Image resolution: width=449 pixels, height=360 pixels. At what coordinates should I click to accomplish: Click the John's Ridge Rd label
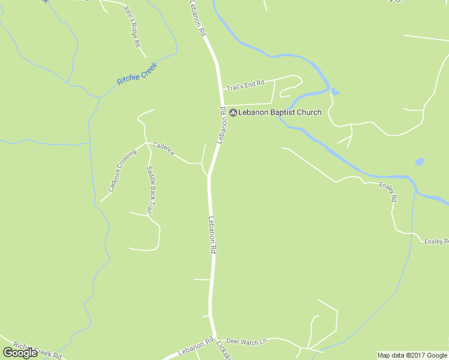pyautogui.click(x=131, y=27)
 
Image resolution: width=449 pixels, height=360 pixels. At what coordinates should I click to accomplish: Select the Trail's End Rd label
pyautogui.click(x=245, y=85)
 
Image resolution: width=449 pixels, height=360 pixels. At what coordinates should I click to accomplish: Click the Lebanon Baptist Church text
pyautogui.click(x=280, y=112)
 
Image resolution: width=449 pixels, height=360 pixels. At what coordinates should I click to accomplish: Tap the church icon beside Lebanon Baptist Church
pyautogui.click(x=233, y=112)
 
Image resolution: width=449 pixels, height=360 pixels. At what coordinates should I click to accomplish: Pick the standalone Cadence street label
pyautogui.click(x=163, y=149)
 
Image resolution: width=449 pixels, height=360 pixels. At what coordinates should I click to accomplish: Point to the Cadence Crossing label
pyautogui.click(x=122, y=170)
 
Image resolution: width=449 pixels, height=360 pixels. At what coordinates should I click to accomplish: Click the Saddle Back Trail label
pyautogui.click(x=151, y=189)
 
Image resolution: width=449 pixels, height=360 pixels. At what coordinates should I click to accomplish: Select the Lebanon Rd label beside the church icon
pyautogui.click(x=222, y=125)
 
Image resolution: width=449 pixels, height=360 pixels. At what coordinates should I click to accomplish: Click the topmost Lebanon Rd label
pyautogui.click(x=198, y=18)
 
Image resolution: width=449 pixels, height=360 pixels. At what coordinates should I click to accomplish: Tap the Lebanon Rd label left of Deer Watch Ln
pyautogui.click(x=196, y=346)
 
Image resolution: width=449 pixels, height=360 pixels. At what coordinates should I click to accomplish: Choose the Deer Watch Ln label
pyautogui.click(x=246, y=342)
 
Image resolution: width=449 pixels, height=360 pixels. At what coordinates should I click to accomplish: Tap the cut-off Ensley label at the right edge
pyautogui.click(x=436, y=241)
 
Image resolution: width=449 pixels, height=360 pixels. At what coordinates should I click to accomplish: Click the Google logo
pyautogui.click(x=20, y=352)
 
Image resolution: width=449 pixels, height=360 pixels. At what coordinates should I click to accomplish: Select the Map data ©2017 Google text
pyautogui.click(x=412, y=355)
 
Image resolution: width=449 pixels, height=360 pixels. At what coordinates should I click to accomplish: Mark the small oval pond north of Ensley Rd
pyautogui.click(x=419, y=162)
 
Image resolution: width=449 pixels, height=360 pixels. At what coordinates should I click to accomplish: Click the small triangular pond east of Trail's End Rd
pyautogui.click(x=336, y=92)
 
